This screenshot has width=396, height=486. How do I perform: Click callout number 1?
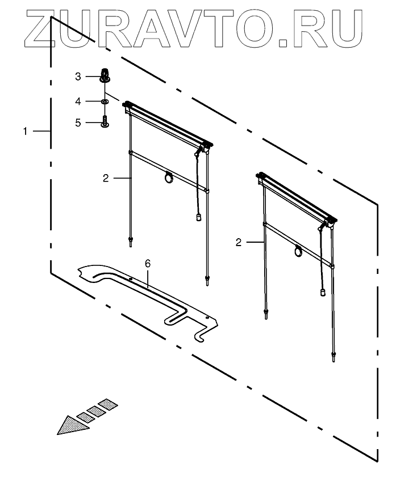pos(25,131)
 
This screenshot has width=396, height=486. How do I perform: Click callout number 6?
pos(148,264)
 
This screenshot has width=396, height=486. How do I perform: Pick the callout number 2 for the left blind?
pos(106,178)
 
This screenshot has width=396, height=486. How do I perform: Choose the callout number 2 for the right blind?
pos(239,242)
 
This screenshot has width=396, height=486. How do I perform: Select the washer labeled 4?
pos(105,101)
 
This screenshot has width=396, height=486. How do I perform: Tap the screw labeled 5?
pos(105,121)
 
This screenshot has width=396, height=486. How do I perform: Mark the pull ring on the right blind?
pos(298,250)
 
